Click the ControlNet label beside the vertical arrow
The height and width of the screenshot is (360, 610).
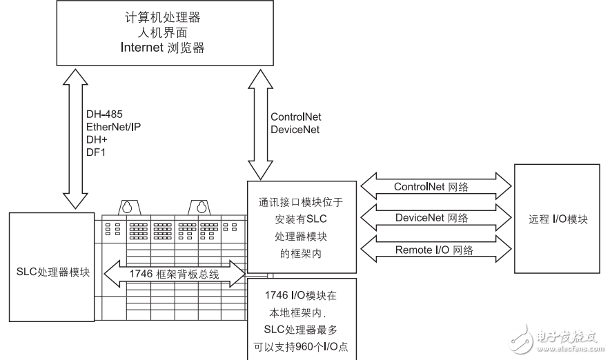296,117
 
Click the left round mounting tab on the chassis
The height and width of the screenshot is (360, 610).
126,207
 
